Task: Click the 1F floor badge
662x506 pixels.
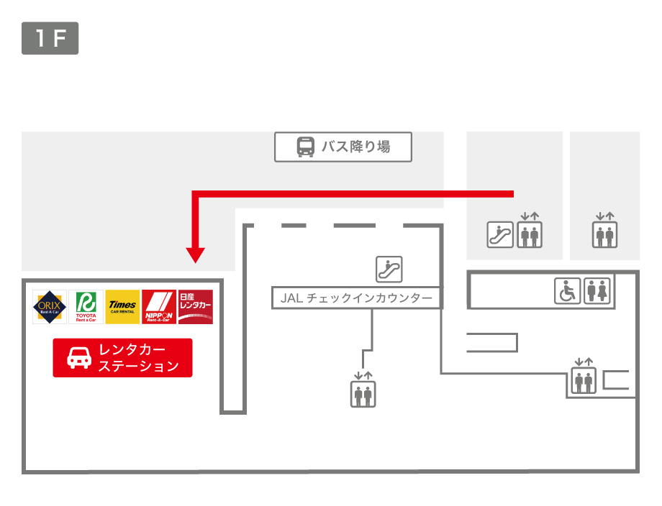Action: (50, 39)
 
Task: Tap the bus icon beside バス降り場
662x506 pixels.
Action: (306, 147)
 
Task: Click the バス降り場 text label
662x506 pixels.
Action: (355, 147)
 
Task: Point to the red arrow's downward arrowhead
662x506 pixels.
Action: (196, 254)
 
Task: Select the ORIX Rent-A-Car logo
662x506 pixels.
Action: (50, 307)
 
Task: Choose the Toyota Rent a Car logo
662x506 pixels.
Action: (86, 307)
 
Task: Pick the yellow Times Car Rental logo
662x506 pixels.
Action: (122, 307)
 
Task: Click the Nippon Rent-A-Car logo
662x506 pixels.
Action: (159, 307)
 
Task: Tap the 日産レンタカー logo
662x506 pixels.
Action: (196, 307)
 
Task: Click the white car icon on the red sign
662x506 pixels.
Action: (79, 358)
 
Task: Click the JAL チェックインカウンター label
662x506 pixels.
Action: (356, 298)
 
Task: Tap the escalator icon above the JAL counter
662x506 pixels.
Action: (389, 269)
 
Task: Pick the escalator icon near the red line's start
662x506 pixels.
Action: (500, 234)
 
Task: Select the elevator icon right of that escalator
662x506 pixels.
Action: (530, 234)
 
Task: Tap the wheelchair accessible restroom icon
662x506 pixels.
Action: (567, 291)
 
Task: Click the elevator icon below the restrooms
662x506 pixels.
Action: (584, 381)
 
